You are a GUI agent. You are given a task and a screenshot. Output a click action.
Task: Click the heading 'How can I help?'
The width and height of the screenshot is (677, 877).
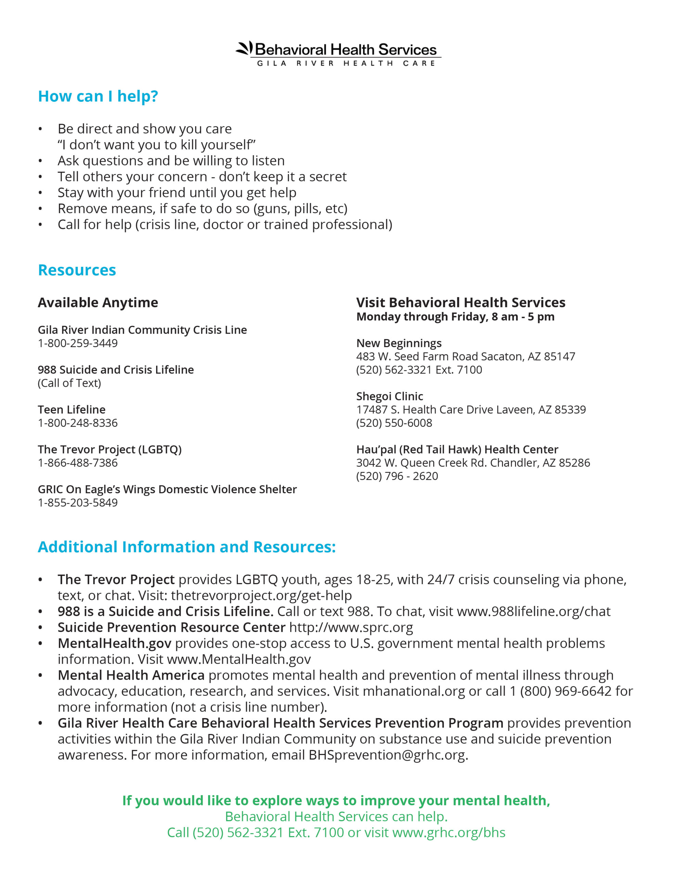pyautogui.click(x=98, y=96)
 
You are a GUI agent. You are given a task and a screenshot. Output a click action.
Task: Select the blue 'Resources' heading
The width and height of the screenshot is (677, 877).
pyautogui.click(x=77, y=270)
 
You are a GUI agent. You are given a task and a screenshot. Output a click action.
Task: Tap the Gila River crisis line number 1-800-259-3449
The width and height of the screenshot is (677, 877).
pyautogui.click(x=77, y=343)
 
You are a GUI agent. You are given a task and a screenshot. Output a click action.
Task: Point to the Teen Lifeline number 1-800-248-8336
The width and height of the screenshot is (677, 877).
pyautogui.click(x=77, y=423)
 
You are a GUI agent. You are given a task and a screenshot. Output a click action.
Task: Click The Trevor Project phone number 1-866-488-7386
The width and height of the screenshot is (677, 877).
pyautogui.click(x=77, y=462)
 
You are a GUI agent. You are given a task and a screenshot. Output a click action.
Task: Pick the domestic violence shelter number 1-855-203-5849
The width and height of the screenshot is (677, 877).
pyautogui.click(x=77, y=502)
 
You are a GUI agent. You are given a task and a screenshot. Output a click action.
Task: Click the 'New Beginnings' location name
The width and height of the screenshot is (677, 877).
pyautogui.click(x=398, y=343)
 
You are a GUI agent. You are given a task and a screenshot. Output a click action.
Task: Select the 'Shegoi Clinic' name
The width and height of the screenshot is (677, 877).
pyautogui.click(x=389, y=396)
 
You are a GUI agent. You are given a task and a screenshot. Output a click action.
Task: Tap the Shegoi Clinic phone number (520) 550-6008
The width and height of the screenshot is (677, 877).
pyautogui.click(x=394, y=423)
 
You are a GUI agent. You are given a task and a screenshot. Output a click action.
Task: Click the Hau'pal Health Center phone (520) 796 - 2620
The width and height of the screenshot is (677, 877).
pyautogui.click(x=397, y=476)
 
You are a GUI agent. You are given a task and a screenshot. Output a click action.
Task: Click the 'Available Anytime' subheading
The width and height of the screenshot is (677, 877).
pyautogui.click(x=98, y=302)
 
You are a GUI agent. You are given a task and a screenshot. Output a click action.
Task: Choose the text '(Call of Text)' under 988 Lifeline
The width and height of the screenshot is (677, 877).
pyautogui.click(x=69, y=383)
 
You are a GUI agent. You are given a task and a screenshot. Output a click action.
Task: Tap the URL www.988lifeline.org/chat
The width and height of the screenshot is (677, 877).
pyautogui.click(x=533, y=611)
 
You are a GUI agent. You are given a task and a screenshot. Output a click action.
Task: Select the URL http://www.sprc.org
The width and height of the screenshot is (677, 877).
pyautogui.click(x=351, y=627)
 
